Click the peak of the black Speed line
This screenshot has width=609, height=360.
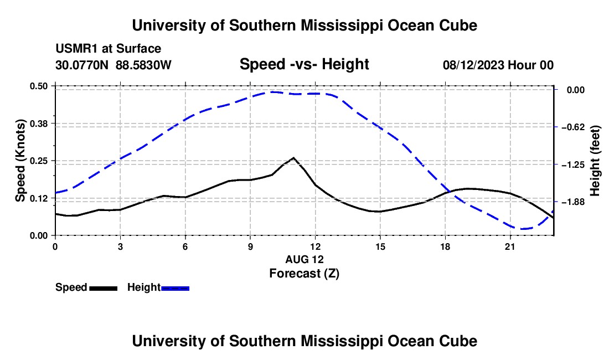[x=293, y=158]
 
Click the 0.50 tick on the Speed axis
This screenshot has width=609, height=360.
[x=38, y=86]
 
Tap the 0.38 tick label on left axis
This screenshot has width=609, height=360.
[x=38, y=124]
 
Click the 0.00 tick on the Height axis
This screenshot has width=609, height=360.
[x=576, y=90]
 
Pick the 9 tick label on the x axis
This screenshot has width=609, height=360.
[x=250, y=246]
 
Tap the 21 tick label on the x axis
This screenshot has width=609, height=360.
[x=510, y=246]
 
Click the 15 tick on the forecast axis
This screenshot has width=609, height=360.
[x=380, y=246]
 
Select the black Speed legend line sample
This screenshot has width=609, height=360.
[x=104, y=288]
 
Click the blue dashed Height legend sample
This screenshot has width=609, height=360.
[x=175, y=288]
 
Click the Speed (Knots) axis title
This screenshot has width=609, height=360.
[x=20, y=161]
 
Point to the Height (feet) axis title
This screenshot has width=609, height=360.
[x=595, y=161]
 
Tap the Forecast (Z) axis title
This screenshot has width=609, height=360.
[x=304, y=274]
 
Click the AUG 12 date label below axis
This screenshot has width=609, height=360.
[x=304, y=259]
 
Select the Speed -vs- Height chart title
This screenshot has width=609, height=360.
[x=304, y=64]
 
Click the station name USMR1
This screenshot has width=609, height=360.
[x=78, y=49]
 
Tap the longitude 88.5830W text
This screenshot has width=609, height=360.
[x=143, y=65]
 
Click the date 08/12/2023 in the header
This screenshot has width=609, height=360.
[x=473, y=65]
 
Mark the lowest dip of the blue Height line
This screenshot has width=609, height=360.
[x=523, y=229]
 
